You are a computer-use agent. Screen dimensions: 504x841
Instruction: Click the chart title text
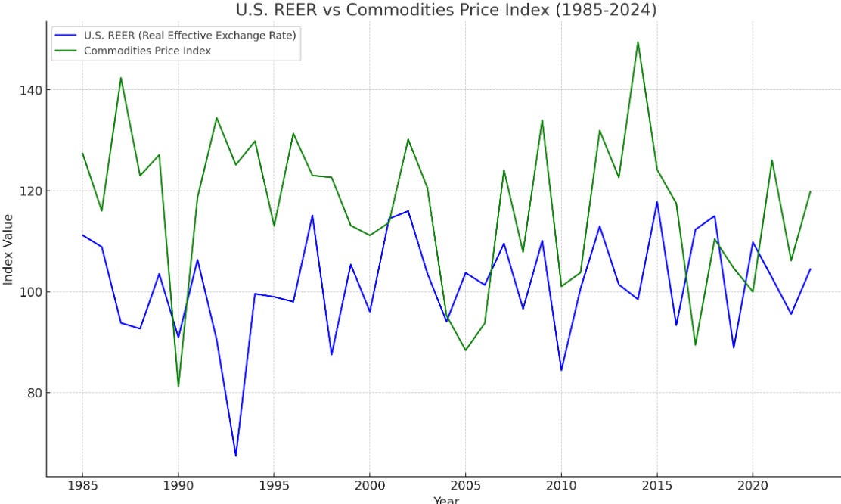click(x=446, y=10)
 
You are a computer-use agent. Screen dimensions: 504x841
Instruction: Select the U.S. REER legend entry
click(x=189, y=36)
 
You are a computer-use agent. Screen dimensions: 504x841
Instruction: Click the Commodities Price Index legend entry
click(x=147, y=50)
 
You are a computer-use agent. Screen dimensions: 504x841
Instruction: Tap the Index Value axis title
click(x=8, y=249)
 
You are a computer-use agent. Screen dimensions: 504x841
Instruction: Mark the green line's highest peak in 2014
click(x=638, y=42)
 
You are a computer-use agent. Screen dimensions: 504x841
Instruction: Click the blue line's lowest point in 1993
click(x=236, y=456)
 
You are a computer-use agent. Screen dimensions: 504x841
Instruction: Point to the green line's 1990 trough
click(x=178, y=387)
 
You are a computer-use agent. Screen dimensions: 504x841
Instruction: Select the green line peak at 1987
click(x=121, y=78)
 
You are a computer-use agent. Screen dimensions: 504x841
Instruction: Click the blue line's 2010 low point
click(x=561, y=370)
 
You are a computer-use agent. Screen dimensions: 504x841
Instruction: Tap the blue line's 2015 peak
click(x=656, y=202)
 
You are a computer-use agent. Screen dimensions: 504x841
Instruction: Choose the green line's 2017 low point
click(x=695, y=344)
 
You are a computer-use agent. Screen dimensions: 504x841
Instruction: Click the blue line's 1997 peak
click(x=312, y=216)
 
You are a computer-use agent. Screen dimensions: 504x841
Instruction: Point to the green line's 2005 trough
click(x=465, y=350)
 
